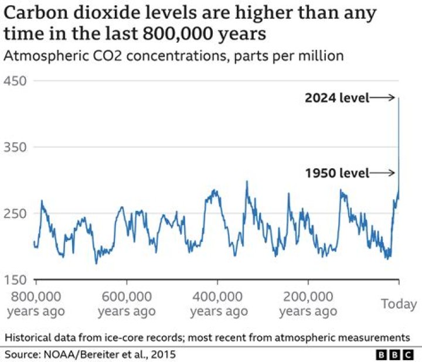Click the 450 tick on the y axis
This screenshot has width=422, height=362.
[x=16, y=81]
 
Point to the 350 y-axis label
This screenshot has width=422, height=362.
[x=16, y=147]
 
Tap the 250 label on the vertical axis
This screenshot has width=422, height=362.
[x=16, y=213]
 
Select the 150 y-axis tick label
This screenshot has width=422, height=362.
[x=16, y=279]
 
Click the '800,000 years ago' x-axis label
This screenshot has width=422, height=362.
[x=36, y=303]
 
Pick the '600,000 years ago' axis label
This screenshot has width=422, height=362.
[x=127, y=303]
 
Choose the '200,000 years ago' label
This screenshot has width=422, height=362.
[x=308, y=303]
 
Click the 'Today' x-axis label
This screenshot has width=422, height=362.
[x=399, y=304]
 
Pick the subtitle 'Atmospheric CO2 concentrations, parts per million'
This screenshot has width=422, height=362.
[x=173, y=56]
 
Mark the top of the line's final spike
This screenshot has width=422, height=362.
[x=399, y=98]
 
